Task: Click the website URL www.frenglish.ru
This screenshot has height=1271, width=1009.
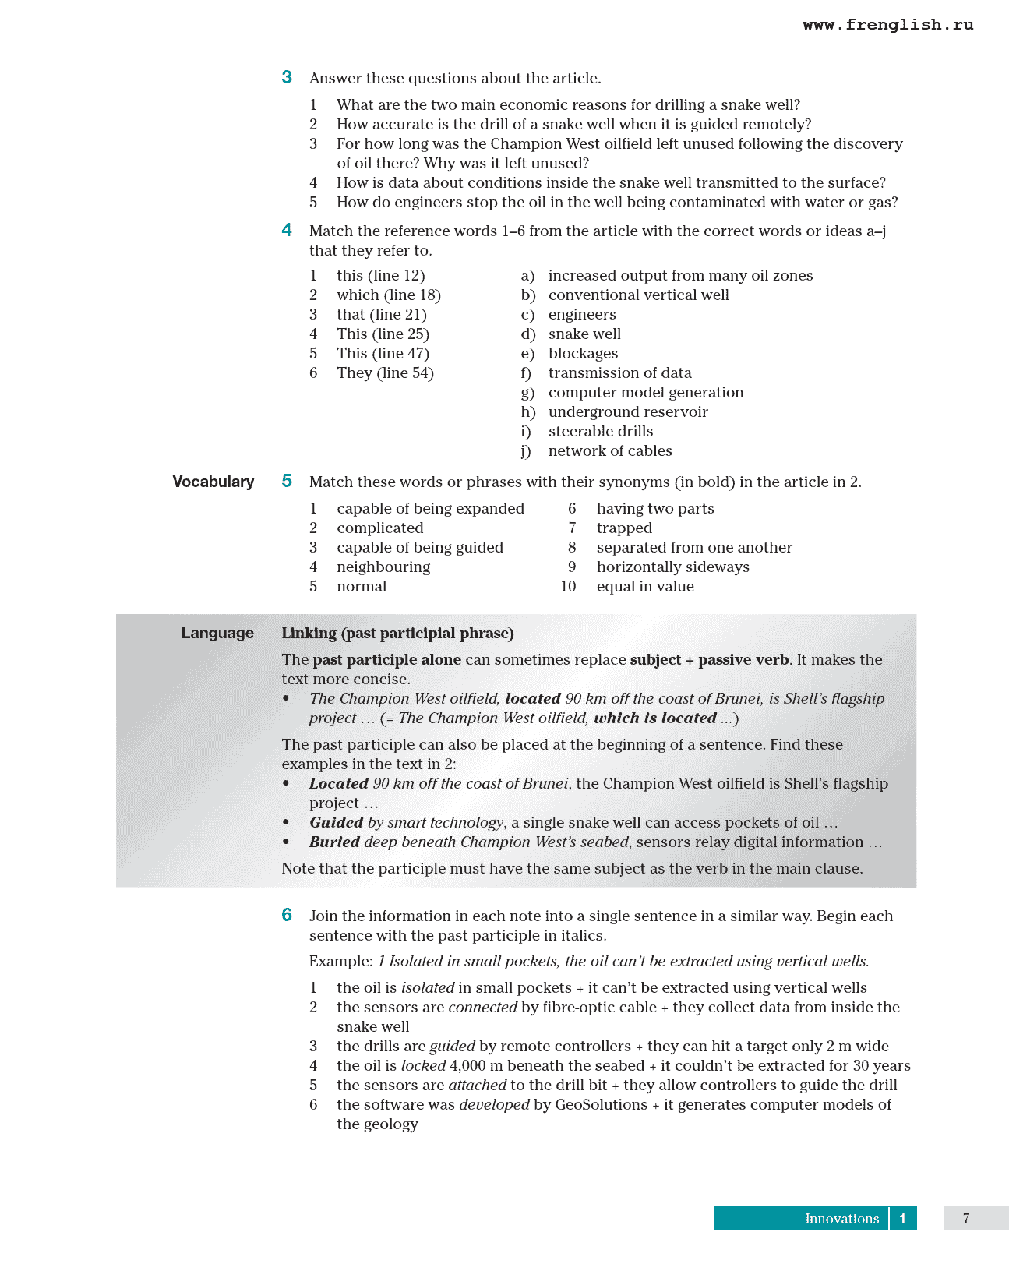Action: pyautogui.click(x=887, y=25)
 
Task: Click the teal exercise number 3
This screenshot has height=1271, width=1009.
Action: pyautogui.click(x=287, y=77)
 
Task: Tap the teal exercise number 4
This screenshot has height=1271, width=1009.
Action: pyautogui.click(x=287, y=230)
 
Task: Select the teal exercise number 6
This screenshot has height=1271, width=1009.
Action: pyautogui.click(x=287, y=915)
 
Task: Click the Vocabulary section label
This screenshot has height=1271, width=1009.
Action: pyautogui.click(x=213, y=482)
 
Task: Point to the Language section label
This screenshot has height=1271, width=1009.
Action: pyautogui.click(x=217, y=633)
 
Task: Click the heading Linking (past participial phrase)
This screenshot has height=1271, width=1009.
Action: pyautogui.click(x=397, y=633)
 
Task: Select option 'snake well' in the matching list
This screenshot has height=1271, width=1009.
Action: pyautogui.click(x=584, y=334)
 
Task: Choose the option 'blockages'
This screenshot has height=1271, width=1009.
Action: pyautogui.click(x=583, y=354)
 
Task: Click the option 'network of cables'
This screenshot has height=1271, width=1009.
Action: pyautogui.click(x=610, y=451)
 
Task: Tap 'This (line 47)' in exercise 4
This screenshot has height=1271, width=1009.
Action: pyautogui.click(x=383, y=354)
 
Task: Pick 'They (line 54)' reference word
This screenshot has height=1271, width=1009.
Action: pyautogui.click(x=385, y=373)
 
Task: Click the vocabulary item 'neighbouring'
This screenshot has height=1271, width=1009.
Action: pyautogui.click(x=383, y=567)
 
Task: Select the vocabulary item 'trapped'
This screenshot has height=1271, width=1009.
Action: pyautogui.click(x=624, y=528)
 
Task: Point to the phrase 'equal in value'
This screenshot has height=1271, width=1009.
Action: pyautogui.click(x=645, y=587)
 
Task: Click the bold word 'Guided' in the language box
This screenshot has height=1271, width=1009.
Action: pyautogui.click(x=336, y=823)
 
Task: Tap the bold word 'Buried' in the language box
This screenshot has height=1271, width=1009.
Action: pyautogui.click(x=334, y=842)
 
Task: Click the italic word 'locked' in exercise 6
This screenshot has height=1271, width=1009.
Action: pyautogui.click(x=423, y=1066)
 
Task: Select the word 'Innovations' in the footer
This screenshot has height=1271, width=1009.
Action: pyautogui.click(x=841, y=1219)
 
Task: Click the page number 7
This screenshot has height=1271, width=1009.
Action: pyautogui.click(x=966, y=1219)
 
